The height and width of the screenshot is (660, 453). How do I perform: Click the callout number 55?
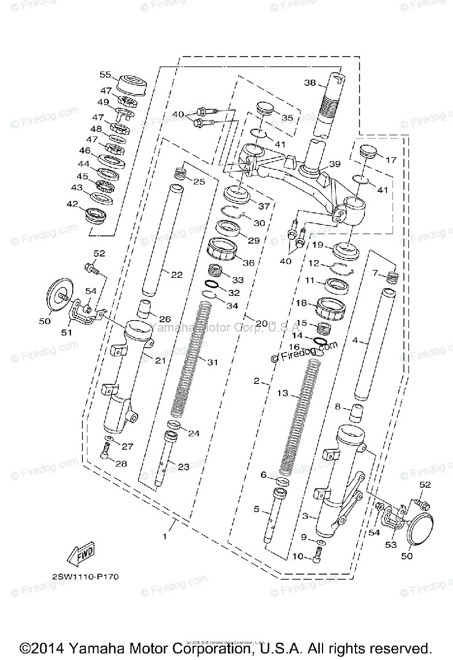coord(105,74)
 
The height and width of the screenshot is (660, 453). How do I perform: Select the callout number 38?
coord(310,83)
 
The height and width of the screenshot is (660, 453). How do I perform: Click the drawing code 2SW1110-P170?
coord(85,577)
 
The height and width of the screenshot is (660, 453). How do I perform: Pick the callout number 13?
coord(283,393)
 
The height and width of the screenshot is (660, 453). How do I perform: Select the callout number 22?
coord(176,274)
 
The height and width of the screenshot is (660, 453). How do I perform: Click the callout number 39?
coord(335,164)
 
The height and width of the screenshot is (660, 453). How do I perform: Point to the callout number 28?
coord(121,464)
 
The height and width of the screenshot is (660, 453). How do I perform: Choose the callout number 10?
coord(298,557)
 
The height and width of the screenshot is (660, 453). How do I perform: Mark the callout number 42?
coord(73,204)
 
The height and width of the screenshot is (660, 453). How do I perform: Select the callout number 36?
coord(249,263)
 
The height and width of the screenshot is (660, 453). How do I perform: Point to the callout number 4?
coord(355,340)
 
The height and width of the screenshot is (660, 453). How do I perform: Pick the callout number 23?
coord(183,467)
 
